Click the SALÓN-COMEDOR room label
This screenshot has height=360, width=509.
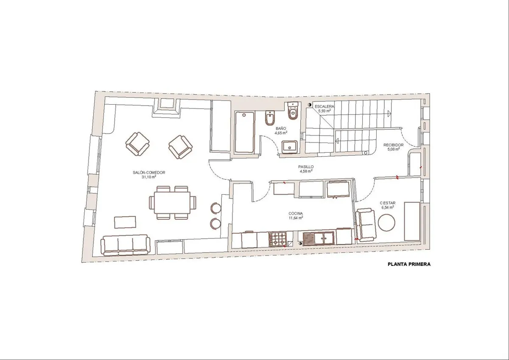(x=149, y=173)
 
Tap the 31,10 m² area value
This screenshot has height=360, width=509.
(x=149, y=177)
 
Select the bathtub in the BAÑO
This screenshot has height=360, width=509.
(x=244, y=132)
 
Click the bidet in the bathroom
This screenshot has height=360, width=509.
(x=271, y=118)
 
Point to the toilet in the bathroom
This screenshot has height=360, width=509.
(x=293, y=111)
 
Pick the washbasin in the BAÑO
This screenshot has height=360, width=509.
(x=290, y=147)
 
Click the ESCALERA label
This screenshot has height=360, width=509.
(x=324, y=106)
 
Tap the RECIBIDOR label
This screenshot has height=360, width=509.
(x=393, y=145)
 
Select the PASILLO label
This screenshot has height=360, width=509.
(x=306, y=167)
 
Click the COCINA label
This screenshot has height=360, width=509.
(x=296, y=214)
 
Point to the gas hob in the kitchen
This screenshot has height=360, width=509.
(x=278, y=239)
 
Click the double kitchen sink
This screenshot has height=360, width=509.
(x=319, y=238)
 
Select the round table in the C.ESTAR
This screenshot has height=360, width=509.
(x=386, y=223)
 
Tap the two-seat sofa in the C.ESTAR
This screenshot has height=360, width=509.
(x=366, y=225)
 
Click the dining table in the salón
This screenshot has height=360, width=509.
(x=172, y=203)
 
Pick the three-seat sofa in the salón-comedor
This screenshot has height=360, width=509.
(x=126, y=245)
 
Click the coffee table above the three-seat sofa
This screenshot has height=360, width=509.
(x=125, y=222)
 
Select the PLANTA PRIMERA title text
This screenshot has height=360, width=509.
(x=409, y=264)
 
